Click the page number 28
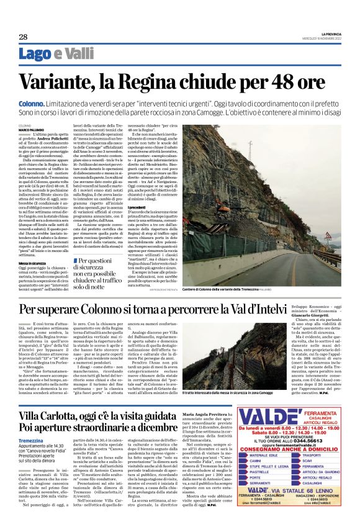[x=22, y=37]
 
